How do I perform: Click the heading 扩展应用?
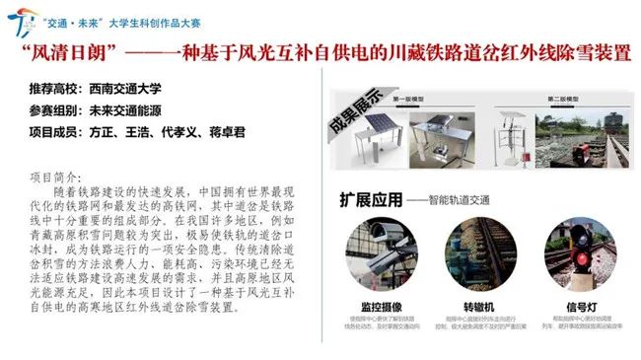pos(370,199)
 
